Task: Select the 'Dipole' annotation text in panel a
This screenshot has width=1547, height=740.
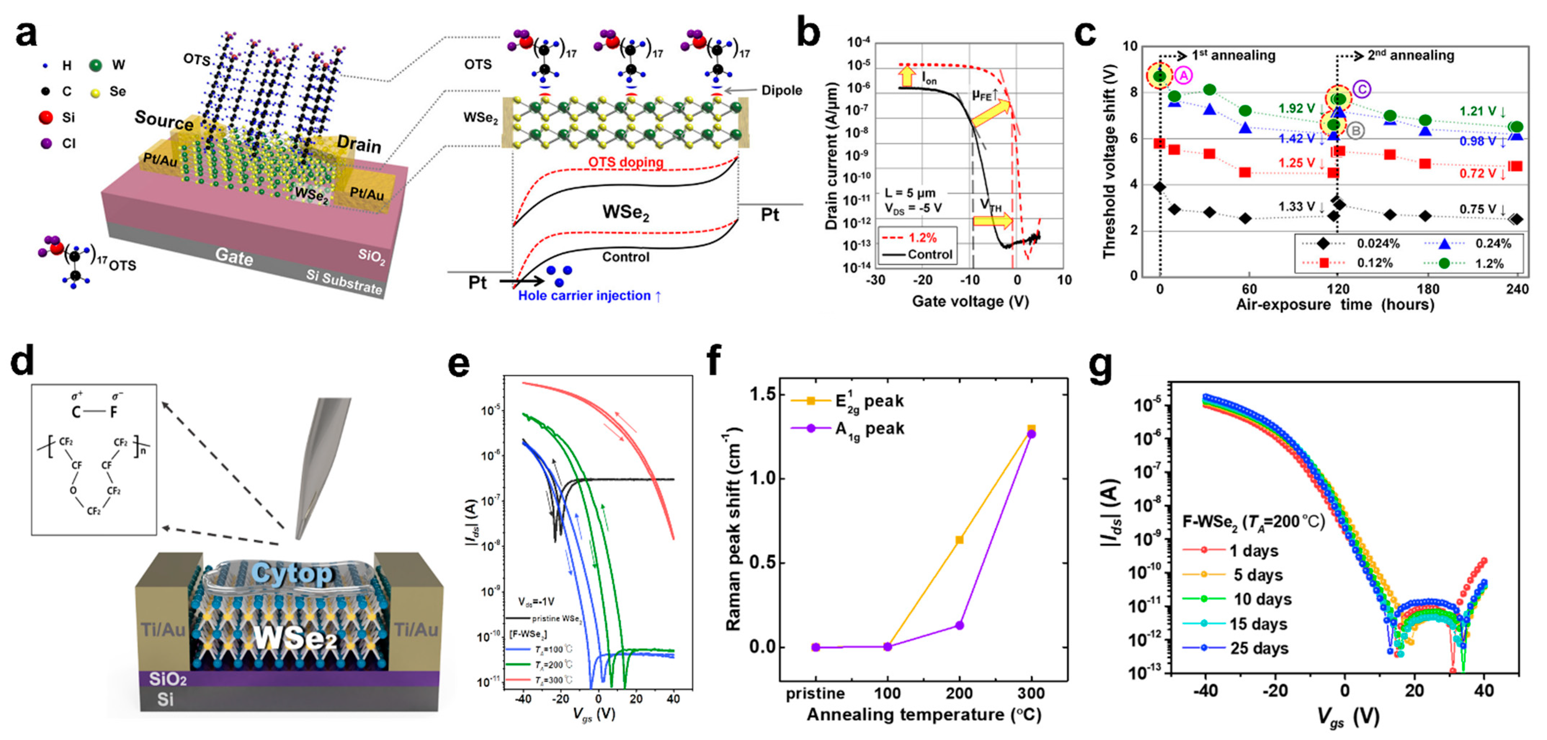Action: tap(781, 90)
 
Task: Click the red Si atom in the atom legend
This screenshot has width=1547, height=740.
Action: tap(46, 117)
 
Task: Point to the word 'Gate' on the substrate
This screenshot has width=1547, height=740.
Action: tap(234, 257)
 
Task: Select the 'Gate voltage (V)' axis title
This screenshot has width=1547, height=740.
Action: tap(970, 301)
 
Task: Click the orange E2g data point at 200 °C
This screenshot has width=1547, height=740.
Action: tap(959, 539)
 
